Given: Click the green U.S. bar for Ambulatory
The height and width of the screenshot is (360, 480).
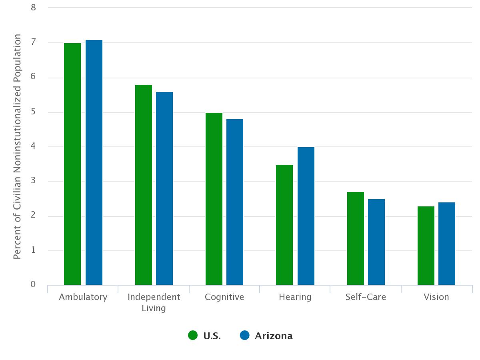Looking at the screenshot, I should tap(72, 164).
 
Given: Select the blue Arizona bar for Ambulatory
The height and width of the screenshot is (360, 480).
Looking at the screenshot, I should tap(94, 162).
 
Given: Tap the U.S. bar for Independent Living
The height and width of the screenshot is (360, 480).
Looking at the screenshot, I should tap(144, 185).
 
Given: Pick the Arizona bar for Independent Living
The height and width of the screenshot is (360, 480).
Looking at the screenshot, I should tap(164, 188).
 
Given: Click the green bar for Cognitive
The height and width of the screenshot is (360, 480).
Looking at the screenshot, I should tap(214, 199).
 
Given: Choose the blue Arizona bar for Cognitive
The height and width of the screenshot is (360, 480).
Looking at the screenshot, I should tap(235, 202).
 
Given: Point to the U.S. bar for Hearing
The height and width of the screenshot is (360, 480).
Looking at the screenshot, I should tap(284, 225).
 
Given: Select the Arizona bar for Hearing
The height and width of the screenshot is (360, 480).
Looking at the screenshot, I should tap(306, 216).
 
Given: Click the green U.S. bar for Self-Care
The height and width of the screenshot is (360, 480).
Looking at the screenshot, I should tap(356, 238).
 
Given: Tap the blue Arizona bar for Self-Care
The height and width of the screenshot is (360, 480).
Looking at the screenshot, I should tap(376, 242).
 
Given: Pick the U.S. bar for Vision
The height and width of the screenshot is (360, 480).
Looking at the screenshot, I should tap(426, 246).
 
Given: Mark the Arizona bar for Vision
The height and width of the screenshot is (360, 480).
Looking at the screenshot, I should tap(447, 244).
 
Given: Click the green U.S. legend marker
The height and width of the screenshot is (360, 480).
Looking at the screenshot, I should tap(193, 336).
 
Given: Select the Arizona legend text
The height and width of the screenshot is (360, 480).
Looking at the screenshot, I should tap(274, 336).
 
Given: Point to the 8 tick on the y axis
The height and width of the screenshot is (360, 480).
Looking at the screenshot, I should tap(33, 7).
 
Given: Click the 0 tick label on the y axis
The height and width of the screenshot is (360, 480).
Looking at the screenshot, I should tap(33, 284).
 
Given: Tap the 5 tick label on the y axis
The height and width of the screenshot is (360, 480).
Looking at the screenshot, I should tap(33, 112).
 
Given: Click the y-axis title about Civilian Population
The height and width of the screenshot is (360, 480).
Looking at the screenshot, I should tap(17, 146).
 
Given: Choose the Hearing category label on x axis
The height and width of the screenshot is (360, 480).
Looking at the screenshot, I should tap(295, 297).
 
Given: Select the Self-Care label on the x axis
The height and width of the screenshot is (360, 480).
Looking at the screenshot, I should tap(366, 297).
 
